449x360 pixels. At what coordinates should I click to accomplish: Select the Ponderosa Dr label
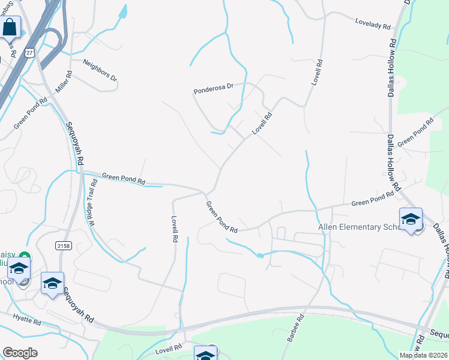point(212,90)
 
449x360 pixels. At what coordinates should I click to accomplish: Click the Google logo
point(20,353)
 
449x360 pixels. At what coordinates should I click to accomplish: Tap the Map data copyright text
point(422,355)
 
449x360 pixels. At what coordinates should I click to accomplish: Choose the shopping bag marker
point(10,27)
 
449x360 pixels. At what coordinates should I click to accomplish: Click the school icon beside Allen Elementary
point(411,219)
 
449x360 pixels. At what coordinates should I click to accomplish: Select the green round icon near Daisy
point(26,257)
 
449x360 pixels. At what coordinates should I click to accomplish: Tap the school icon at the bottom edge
point(205,354)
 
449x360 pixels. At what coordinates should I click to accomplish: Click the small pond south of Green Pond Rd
point(259,256)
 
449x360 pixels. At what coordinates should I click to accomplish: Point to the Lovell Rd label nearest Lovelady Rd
point(316,72)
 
